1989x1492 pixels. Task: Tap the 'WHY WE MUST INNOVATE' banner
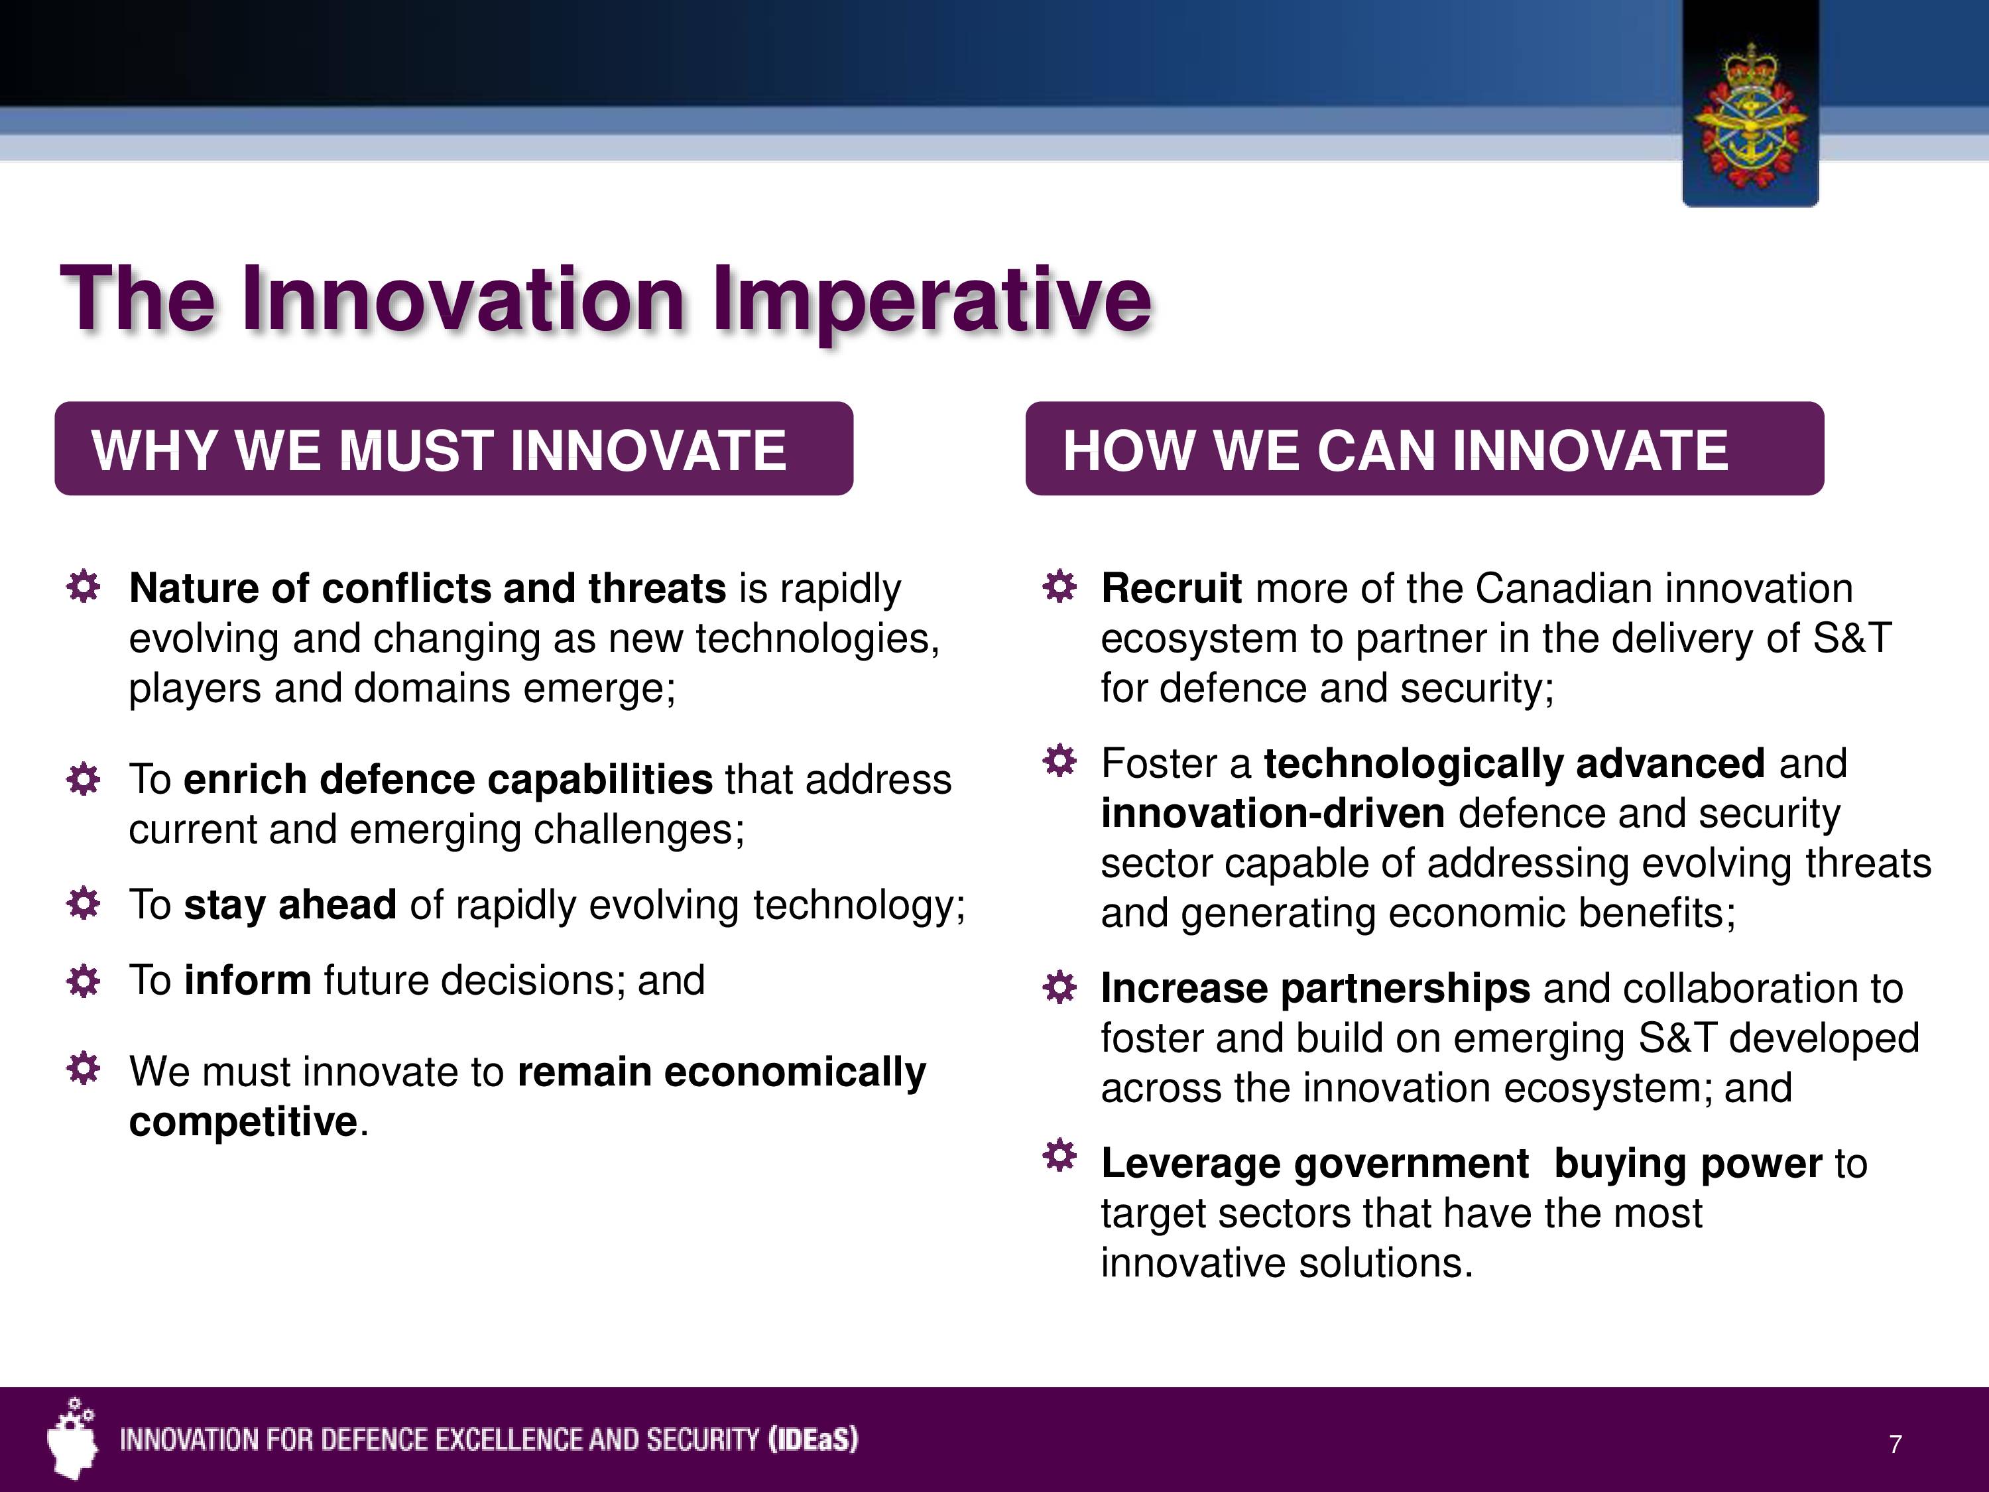(x=454, y=449)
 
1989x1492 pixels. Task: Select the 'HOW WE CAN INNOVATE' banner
(x=1424, y=449)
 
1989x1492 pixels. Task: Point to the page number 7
(x=1896, y=1445)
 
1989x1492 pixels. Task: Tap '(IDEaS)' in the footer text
(x=813, y=1440)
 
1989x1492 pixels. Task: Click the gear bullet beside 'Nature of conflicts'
(x=84, y=588)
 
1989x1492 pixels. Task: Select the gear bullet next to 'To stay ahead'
(x=84, y=904)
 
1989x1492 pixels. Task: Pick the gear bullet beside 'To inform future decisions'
(x=84, y=980)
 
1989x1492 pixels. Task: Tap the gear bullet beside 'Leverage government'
(x=1059, y=1156)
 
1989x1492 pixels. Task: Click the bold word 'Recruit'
(x=1172, y=588)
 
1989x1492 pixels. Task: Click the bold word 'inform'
(x=248, y=980)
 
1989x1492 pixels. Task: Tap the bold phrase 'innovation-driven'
(x=1273, y=814)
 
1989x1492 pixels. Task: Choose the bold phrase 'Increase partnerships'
(x=1315, y=989)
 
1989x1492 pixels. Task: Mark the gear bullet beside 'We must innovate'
(x=84, y=1070)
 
